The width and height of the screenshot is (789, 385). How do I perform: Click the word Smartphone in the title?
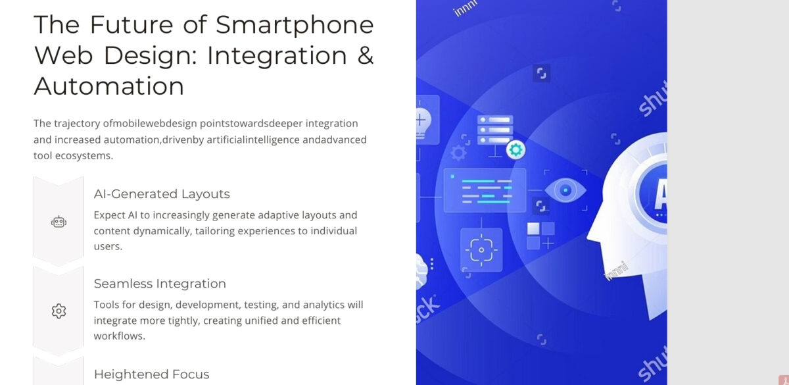click(295, 25)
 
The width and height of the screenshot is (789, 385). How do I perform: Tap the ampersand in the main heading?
click(366, 55)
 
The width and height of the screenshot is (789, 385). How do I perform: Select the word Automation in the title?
click(108, 86)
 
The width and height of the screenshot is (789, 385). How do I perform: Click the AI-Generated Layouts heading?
click(162, 194)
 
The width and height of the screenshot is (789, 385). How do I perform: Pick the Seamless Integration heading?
click(160, 284)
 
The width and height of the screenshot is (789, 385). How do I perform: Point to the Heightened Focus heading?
click(151, 374)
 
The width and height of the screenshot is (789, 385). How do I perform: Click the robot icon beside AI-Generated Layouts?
click(59, 222)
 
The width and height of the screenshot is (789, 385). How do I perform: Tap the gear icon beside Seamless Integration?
click(59, 311)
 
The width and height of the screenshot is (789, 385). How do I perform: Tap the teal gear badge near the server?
click(515, 149)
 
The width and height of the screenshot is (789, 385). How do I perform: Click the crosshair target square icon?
click(481, 250)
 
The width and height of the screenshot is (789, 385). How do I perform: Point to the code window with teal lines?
click(485, 190)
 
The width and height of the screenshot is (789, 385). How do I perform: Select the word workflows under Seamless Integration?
click(119, 336)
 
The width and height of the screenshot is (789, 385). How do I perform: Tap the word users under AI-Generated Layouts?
click(108, 246)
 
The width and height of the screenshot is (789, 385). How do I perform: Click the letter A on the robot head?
click(660, 193)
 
